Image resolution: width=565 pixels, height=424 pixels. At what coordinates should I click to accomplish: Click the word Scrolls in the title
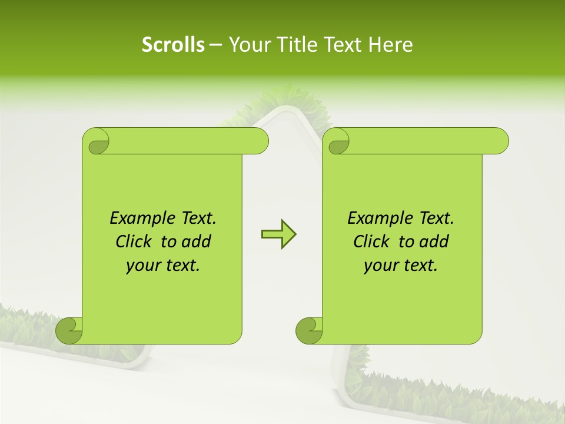(173, 45)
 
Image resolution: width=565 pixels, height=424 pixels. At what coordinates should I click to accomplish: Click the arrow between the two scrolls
(278, 234)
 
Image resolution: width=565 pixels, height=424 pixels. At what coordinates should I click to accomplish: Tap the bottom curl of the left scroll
(68, 330)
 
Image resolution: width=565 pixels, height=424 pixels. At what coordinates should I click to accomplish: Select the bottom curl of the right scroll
(308, 330)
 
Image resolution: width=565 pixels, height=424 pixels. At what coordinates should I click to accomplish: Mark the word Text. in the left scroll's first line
(196, 218)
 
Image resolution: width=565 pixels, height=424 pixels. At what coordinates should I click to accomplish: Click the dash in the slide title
(215, 45)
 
